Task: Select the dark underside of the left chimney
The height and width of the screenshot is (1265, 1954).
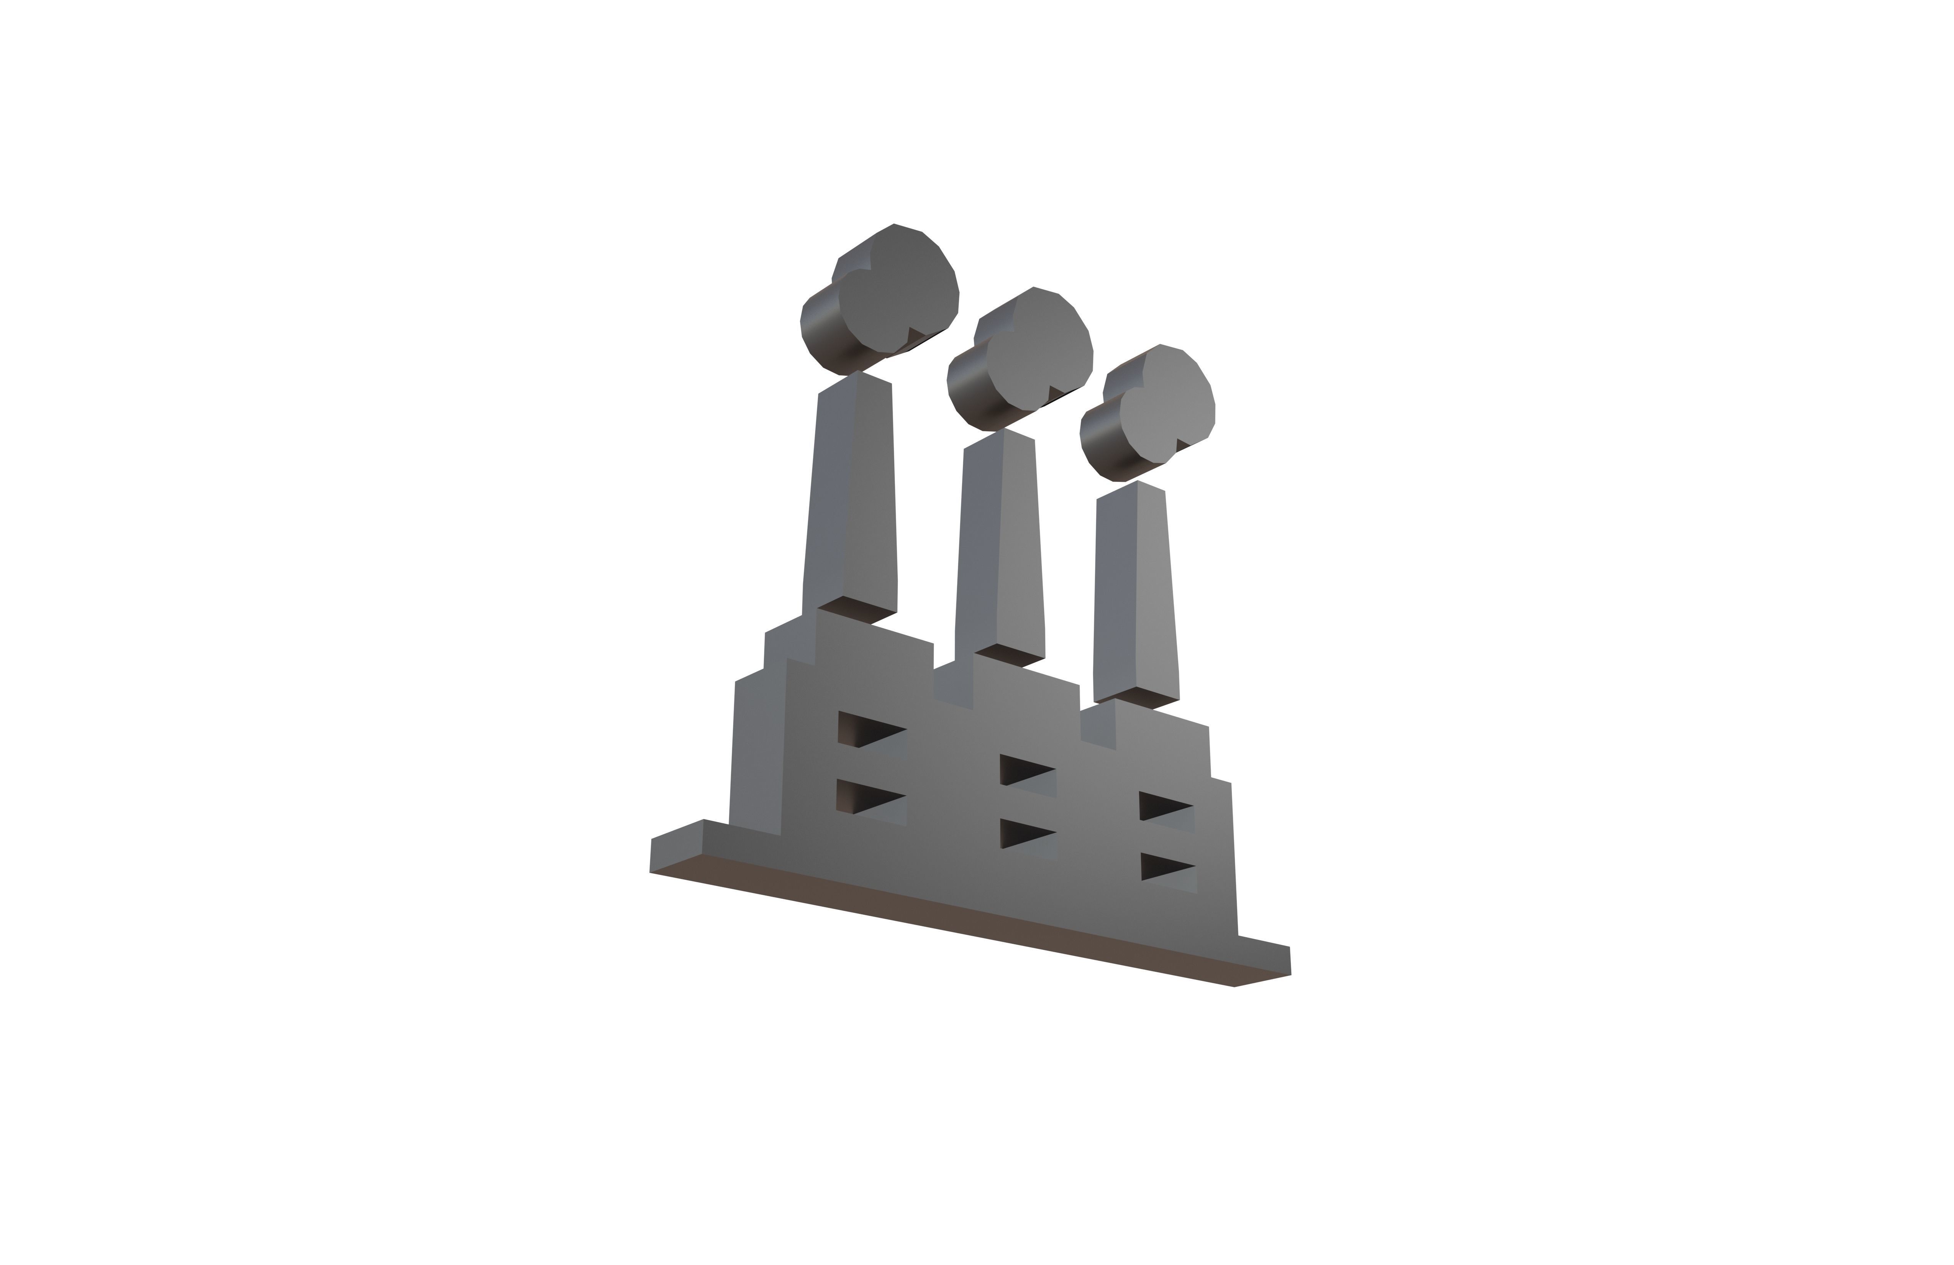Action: tap(858, 609)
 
